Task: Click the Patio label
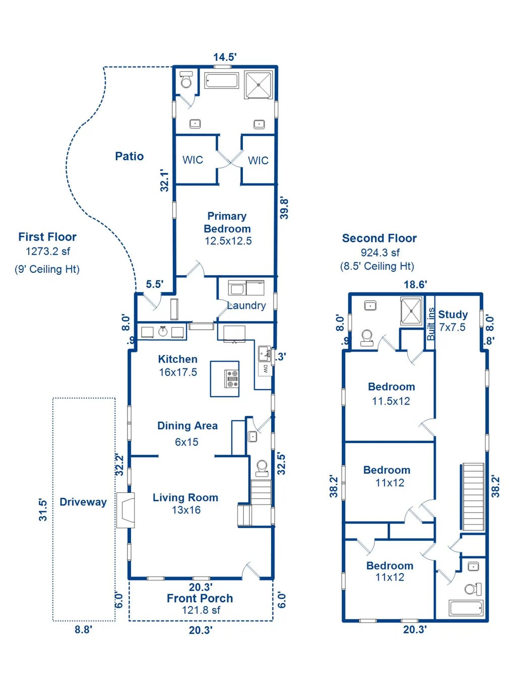(x=130, y=156)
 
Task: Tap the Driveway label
(x=83, y=502)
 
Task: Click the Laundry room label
(x=246, y=305)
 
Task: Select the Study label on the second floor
(x=453, y=315)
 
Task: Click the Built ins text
(x=430, y=324)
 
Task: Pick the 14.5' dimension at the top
(x=225, y=57)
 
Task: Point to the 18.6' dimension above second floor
(x=415, y=285)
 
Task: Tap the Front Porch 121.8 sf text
(x=200, y=604)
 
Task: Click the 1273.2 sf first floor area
(x=48, y=251)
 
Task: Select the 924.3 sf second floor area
(x=380, y=253)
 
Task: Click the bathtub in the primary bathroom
(x=221, y=81)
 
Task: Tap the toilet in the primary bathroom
(x=186, y=80)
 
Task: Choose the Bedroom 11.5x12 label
(x=392, y=394)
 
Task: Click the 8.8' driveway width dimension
(x=83, y=630)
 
